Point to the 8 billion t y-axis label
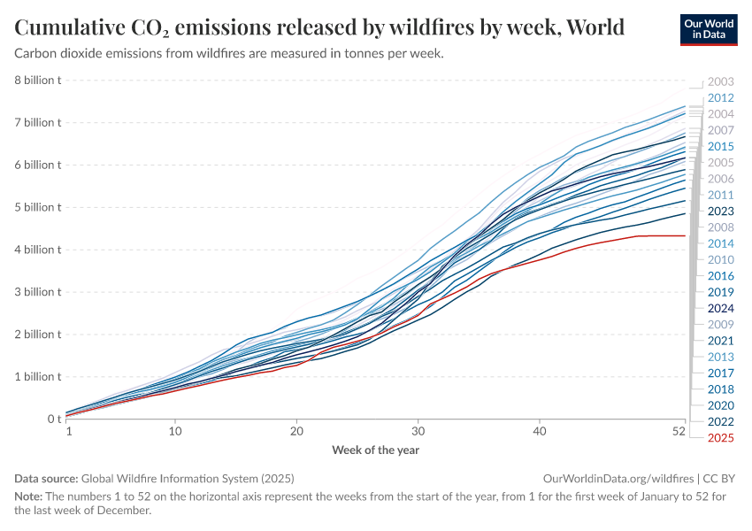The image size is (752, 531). (x=37, y=81)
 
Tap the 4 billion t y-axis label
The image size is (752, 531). (x=37, y=250)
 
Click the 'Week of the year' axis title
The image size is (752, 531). (x=375, y=450)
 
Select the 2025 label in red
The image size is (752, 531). (x=720, y=437)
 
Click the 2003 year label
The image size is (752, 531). (x=720, y=81)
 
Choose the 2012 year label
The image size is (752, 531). (x=720, y=97)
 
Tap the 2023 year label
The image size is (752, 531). (x=720, y=211)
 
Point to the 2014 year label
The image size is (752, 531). (x=720, y=243)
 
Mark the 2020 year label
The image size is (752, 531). (x=720, y=405)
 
